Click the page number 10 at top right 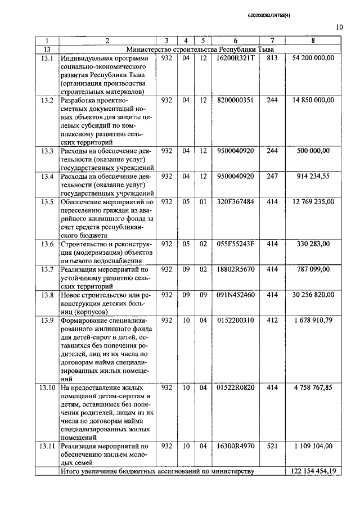(339, 26)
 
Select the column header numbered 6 (235, 41)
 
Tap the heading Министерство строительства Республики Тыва (200, 49)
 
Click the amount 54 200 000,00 (313, 58)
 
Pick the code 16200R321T (235, 58)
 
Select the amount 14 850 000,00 (313, 100)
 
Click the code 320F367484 (235, 201)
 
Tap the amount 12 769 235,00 (313, 201)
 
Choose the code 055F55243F (235, 244)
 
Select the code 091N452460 (235, 294)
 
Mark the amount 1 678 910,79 (313, 320)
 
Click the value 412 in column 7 (272, 320)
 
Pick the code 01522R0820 (235, 388)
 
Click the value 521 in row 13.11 (272, 446)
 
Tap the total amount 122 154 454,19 (313, 471)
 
